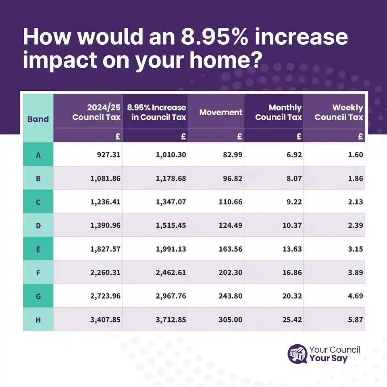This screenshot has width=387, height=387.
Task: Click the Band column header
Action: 38,119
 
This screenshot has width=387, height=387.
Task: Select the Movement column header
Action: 221,112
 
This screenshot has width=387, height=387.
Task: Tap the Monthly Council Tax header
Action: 279,112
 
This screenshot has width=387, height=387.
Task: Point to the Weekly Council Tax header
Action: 339,112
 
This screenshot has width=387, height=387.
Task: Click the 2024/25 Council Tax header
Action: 98,112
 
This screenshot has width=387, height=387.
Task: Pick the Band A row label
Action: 38,155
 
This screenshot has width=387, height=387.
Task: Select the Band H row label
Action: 38,320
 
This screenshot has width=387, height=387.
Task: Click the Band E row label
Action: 38,249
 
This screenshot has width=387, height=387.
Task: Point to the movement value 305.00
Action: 230,320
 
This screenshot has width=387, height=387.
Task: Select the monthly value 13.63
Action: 292,249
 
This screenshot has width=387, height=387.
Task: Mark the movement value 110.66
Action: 230,202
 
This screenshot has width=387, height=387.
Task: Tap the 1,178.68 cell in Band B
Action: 171,179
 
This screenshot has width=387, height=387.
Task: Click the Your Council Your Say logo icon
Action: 298,354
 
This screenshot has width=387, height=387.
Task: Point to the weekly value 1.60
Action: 356,155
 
